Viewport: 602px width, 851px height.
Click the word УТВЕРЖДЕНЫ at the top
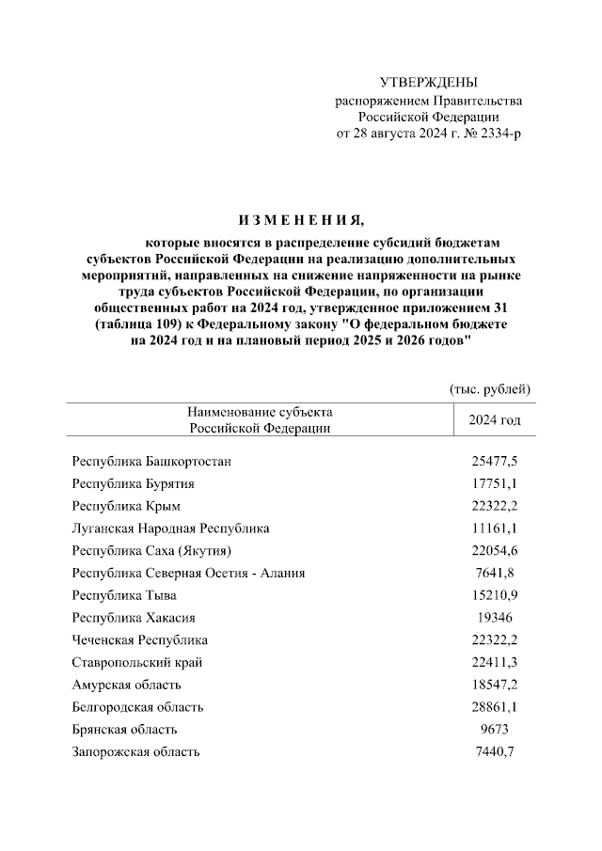click(428, 84)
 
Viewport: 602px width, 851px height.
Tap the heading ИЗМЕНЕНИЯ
click(300, 221)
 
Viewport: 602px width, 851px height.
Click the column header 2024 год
click(494, 419)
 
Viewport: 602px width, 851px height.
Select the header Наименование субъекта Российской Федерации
click(260, 419)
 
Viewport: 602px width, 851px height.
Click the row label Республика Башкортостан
click(151, 461)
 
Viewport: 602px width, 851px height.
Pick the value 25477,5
click(495, 461)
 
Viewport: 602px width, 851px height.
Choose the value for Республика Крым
click(495, 506)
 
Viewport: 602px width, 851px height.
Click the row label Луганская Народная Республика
click(170, 528)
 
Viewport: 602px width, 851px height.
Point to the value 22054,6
click(495, 550)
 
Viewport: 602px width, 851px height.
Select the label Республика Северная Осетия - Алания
click(188, 573)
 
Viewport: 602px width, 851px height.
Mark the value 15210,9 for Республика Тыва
click(495, 595)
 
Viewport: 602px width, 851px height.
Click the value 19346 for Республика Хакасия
click(495, 618)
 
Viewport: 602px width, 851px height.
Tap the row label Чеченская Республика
click(140, 639)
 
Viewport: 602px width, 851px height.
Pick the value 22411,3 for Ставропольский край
click(495, 662)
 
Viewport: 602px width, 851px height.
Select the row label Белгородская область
click(137, 707)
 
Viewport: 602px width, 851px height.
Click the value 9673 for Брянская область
click(495, 730)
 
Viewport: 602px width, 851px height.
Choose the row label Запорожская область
click(135, 752)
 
